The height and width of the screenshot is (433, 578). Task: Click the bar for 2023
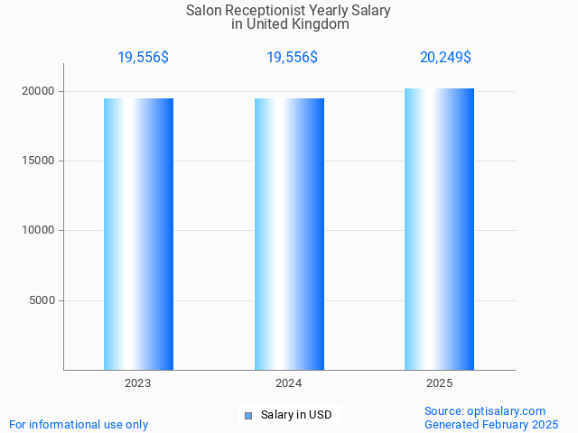click(138, 234)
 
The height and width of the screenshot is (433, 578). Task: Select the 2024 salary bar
click(289, 234)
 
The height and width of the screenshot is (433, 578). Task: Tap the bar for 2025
click(439, 229)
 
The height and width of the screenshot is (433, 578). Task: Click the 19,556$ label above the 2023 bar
click(143, 57)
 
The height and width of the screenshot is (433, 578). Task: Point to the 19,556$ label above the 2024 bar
click(292, 57)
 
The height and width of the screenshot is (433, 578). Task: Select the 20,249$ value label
click(445, 57)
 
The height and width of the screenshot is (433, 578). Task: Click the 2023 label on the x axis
click(138, 383)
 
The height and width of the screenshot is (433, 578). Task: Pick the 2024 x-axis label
click(289, 383)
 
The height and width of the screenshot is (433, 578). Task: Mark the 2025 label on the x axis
click(439, 383)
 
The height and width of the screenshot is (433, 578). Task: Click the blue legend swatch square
click(248, 415)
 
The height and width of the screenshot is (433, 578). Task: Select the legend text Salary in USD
click(295, 415)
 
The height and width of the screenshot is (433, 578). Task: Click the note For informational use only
click(79, 424)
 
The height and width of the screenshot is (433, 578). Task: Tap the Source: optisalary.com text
click(485, 410)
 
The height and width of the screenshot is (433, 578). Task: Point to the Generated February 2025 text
click(491, 424)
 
